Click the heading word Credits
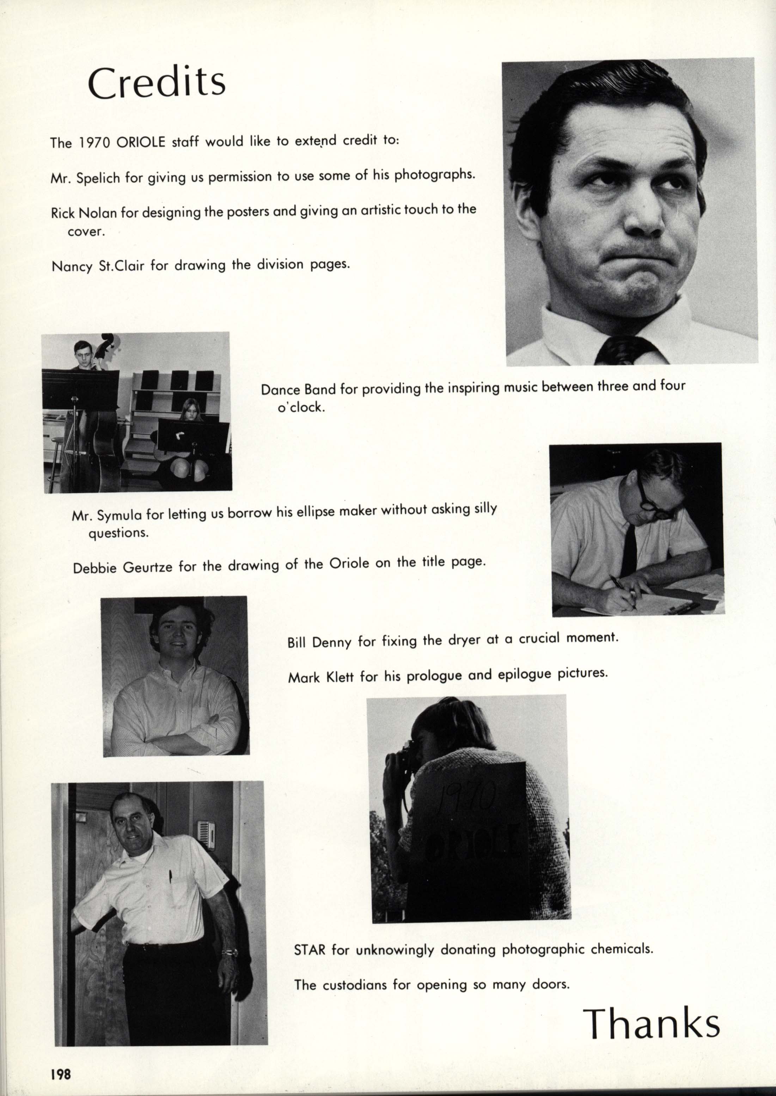point(157,82)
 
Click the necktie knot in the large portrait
point(620,350)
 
